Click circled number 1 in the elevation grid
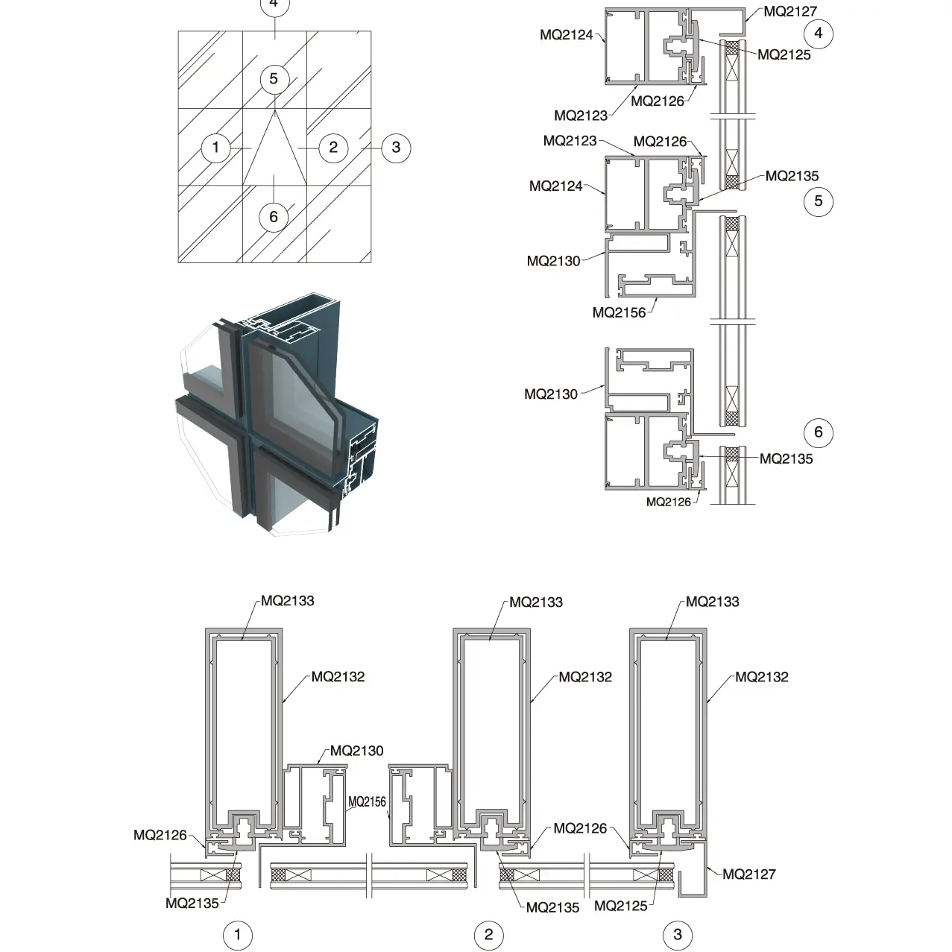point(216,147)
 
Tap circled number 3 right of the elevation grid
point(396,147)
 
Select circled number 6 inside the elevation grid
point(274,216)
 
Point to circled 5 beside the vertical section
point(819,201)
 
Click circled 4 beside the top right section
point(819,33)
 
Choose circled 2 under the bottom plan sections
point(489,935)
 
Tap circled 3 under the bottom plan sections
point(678,935)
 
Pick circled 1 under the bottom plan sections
point(238,935)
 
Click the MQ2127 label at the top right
point(790,11)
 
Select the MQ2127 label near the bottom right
point(749,874)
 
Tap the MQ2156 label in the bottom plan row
point(368,801)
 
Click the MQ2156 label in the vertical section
point(619,312)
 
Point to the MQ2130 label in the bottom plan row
point(356,751)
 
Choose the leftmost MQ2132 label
point(338,677)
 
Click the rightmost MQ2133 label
point(713,602)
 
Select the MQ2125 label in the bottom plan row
point(621,906)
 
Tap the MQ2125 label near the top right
point(784,54)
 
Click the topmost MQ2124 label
point(567,34)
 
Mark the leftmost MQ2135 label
point(192,903)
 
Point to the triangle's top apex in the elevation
point(274,110)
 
